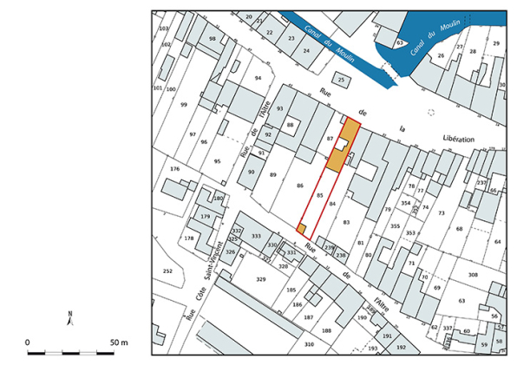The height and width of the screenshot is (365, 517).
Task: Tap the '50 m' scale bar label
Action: pyautogui.click(x=119, y=343)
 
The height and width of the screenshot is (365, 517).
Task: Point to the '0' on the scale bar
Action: pyautogui.click(x=28, y=343)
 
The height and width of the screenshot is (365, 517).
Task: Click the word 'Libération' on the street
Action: pyautogui.click(x=457, y=139)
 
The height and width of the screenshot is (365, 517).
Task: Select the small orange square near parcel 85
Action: pyautogui.click(x=302, y=229)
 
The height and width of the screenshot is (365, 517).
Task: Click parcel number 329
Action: pyautogui.click(x=261, y=279)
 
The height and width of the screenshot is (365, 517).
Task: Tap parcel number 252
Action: pyautogui.click(x=167, y=271)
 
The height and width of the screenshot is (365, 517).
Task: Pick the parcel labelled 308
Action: pyautogui.click(x=473, y=274)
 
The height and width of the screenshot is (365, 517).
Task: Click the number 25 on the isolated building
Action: pyautogui.click(x=342, y=80)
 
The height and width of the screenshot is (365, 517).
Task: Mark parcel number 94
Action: pyautogui.click(x=257, y=78)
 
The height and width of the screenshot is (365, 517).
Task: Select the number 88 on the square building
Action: pyautogui.click(x=291, y=126)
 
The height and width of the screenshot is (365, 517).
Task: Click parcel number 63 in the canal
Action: pyautogui.click(x=400, y=42)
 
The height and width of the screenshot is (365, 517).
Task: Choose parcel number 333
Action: pyautogui.click(x=256, y=236)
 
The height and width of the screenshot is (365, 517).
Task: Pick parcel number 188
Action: pyautogui.click(x=326, y=331)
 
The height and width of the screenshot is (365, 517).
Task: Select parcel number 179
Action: pyautogui.click(x=206, y=216)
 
